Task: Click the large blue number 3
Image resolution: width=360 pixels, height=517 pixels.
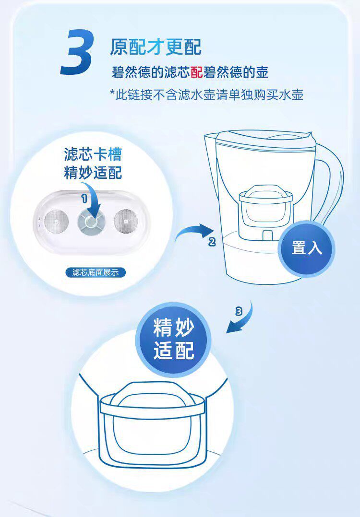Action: point(77,52)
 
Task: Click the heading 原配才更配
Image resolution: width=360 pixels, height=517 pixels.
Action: point(156,47)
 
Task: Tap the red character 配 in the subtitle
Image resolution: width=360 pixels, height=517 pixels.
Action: point(196,72)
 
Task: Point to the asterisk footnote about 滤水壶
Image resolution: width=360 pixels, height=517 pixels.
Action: point(206,95)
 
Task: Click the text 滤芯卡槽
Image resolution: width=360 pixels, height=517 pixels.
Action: point(93,154)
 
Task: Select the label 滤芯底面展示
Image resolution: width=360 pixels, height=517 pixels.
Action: point(95,272)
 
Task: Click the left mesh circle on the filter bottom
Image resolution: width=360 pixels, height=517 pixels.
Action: point(57,221)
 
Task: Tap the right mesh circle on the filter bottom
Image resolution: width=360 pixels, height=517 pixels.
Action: point(126,221)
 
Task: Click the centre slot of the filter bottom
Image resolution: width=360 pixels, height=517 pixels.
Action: point(91,222)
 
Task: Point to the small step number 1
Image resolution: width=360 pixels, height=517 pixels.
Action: point(84,198)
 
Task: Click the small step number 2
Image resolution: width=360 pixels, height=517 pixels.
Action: point(212,242)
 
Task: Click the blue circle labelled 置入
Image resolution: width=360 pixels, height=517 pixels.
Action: point(306,248)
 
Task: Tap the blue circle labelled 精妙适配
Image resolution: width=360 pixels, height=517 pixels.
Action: point(174,339)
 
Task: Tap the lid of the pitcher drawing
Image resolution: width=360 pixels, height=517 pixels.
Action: point(259,139)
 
